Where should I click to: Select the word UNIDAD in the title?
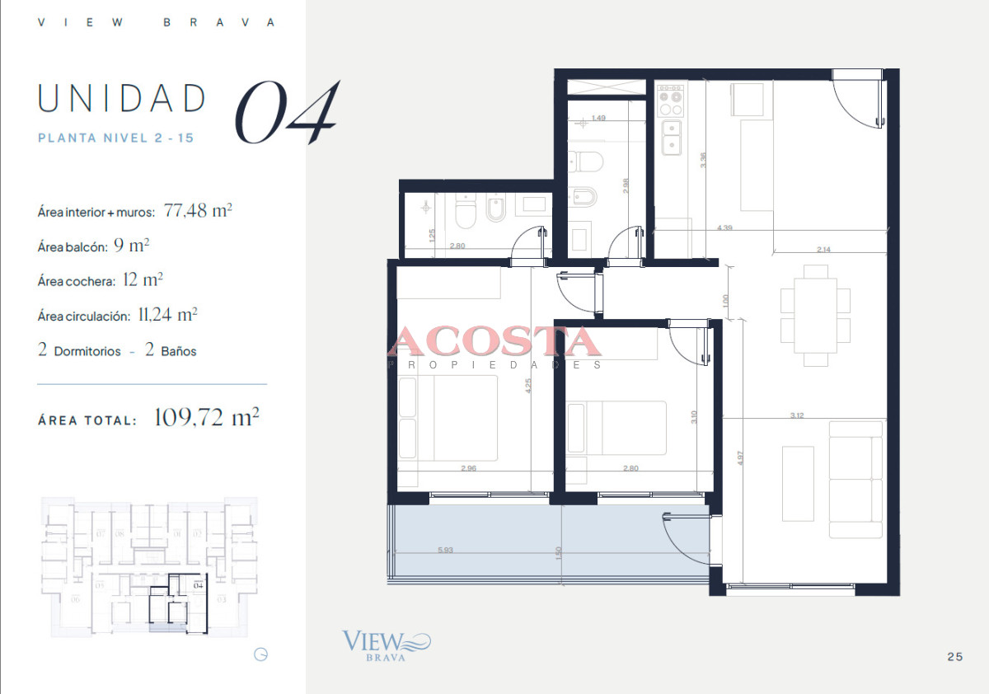click(x=122, y=99)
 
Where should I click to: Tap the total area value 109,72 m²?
click(x=207, y=418)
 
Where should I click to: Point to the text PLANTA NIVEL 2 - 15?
click(x=116, y=138)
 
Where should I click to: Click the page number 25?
click(x=955, y=657)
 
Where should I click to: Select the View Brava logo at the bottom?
click(x=386, y=645)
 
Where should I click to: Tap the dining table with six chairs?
click(x=815, y=315)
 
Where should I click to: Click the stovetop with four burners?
click(x=671, y=101)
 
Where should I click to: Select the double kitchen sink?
click(x=671, y=137)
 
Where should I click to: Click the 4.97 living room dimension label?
click(x=741, y=457)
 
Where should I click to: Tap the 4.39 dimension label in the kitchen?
click(x=725, y=227)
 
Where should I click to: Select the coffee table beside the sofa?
click(x=797, y=483)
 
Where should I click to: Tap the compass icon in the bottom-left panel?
click(x=261, y=655)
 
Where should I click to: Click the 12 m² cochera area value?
click(x=142, y=280)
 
